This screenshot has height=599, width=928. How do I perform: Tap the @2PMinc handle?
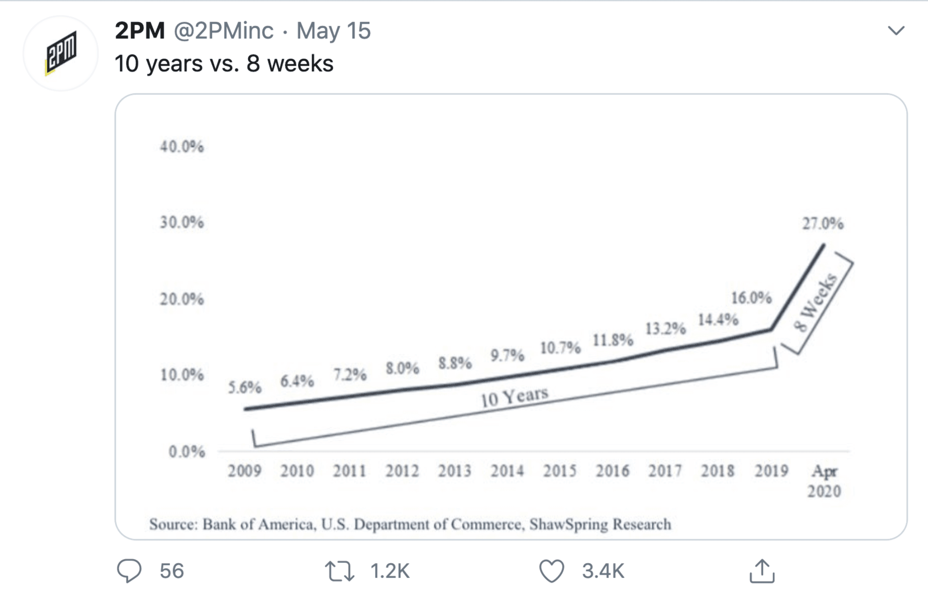[x=223, y=30]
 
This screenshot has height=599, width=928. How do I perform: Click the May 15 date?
[x=333, y=30]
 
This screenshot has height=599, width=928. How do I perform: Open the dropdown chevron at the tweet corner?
[x=896, y=31]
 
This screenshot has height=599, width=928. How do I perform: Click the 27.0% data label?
[x=823, y=224]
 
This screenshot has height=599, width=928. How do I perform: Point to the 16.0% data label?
[x=751, y=298]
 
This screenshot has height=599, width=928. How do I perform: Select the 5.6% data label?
[x=244, y=388]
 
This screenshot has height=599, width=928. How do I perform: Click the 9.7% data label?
[x=507, y=356]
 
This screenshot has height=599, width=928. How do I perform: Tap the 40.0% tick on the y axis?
[x=182, y=147]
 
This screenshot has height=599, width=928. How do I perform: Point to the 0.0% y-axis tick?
[x=187, y=451]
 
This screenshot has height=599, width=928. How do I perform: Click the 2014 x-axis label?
[x=507, y=471]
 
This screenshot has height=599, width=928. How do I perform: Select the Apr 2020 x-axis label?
[x=824, y=481]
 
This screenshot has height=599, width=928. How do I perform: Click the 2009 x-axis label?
[x=244, y=471]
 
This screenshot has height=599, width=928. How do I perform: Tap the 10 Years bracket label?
[x=514, y=397]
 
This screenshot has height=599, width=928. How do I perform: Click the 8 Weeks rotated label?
[x=815, y=303]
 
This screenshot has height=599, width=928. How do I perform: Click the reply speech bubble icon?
[x=129, y=571]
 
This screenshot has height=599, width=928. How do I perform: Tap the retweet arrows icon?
[x=339, y=571]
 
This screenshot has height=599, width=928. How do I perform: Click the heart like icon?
[x=551, y=571]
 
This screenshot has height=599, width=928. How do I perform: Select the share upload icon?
[x=762, y=571]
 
